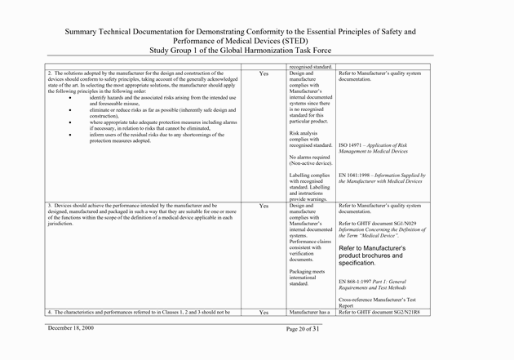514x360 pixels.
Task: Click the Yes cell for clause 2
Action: coord(264,73)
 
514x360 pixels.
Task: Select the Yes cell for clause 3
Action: coord(264,206)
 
